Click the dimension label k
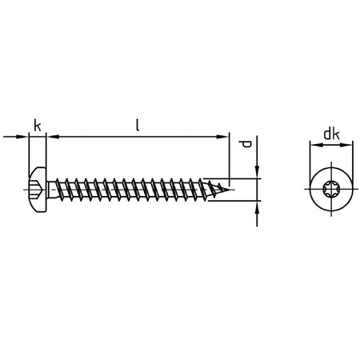[38, 126]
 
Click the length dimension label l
[138, 125]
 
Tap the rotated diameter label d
[245, 144]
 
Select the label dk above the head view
[331, 134]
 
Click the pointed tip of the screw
[229, 190]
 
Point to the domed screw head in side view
[38, 190]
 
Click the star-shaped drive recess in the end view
[331, 189]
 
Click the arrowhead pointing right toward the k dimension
[22, 137]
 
